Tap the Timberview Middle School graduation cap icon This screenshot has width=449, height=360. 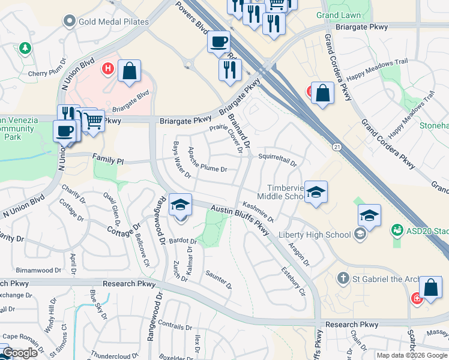[x=316, y=193]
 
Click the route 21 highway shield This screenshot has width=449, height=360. [x=337, y=147]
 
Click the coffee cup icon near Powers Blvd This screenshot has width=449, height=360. [x=218, y=43]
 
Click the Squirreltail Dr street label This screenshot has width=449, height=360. [x=277, y=160]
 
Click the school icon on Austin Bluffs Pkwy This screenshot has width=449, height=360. [x=180, y=205]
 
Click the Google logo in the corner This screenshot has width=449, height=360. [x=20, y=353]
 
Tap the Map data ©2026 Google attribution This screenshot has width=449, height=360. [x=412, y=355]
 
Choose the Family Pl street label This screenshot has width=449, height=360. [x=107, y=161]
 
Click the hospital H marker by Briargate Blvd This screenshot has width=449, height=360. [x=108, y=68]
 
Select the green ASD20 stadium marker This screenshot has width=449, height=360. [x=397, y=230]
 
